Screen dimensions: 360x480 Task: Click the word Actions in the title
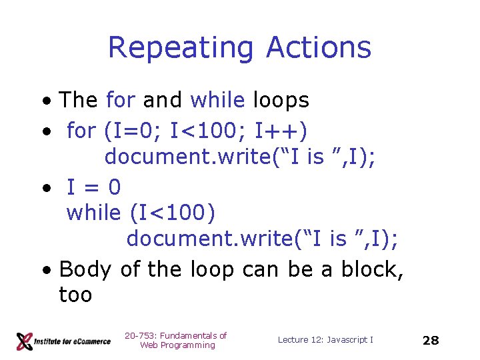318,48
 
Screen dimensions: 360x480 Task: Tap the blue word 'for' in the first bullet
120,100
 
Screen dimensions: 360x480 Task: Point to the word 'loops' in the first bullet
281,100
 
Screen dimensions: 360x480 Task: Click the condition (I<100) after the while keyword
173,213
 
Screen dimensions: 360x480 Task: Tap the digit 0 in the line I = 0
114,187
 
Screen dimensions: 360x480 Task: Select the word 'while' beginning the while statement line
94,213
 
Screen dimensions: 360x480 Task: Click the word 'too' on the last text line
75,295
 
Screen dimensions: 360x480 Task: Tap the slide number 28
431,340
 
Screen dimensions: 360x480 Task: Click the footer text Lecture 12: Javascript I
325,340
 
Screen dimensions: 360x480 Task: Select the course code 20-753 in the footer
139,335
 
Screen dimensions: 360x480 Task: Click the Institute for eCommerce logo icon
25,341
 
